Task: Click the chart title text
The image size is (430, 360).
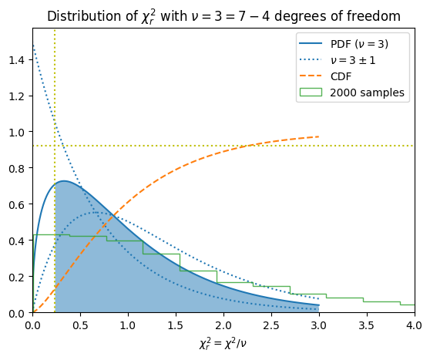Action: (223, 16)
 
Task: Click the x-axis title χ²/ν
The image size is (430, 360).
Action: (223, 344)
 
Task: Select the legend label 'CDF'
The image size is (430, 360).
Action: (341, 76)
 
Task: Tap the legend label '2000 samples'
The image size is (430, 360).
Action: (368, 93)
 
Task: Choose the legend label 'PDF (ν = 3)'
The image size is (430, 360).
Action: (359, 44)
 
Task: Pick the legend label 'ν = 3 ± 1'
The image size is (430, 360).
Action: (353, 60)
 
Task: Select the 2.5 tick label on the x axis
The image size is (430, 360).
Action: (271, 325)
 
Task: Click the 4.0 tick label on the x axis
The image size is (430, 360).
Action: (415, 325)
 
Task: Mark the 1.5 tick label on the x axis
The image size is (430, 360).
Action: (176, 325)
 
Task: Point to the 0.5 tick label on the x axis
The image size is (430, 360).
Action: (80, 325)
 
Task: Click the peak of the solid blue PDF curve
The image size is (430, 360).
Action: (64, 181)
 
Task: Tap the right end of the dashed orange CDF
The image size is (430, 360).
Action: (319, 136)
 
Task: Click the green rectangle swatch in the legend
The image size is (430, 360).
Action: (311, 93)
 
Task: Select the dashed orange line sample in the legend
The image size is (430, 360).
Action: (311, 76)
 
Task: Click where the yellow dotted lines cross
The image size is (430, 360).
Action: (55, 146)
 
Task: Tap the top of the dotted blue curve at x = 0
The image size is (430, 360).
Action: (33, 45)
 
